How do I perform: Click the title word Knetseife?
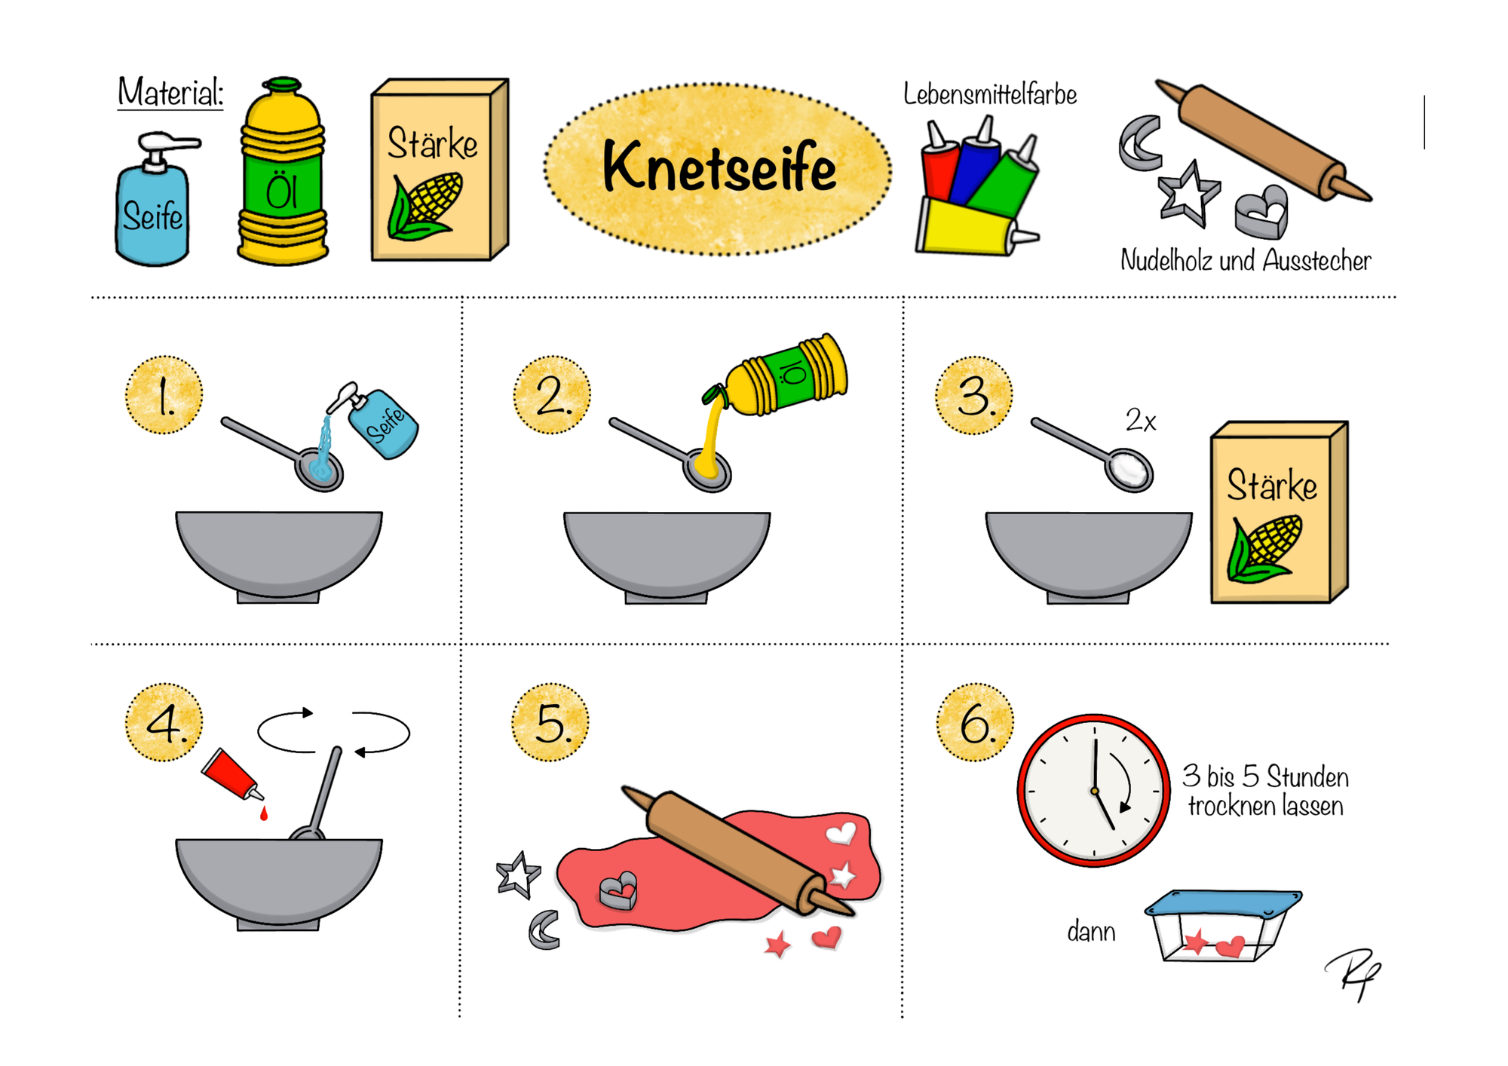pyautogui.click(x=719, y=167)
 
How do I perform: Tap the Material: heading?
pyautogui.click(x=170, y=93)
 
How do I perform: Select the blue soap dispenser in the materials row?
pyautogui.click(x=155, y=199)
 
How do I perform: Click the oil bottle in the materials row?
pyautogui.click(x=283, y=171)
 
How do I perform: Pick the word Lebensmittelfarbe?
pyautogui.click(x=989, y=95)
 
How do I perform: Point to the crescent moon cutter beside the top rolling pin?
pyautogui.click(x=1141, y=142)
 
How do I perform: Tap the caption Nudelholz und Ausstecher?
pyautogui.click(x=1245, y=261)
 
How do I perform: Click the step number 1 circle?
pyautogui.click(x=164, y=395)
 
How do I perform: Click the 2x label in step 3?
pyautogui.click(x=1140, y=421)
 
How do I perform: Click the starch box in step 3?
pyautogui.click(x=1279, y=513)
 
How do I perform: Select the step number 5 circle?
pyautogui.click(x=550, y=722)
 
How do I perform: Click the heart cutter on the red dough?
pyautogui.click(x=618, y=890)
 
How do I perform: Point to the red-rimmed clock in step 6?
pyautogui.click(x=1093, y=790)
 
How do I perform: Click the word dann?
pyautogui.click(x=1091, y=933)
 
